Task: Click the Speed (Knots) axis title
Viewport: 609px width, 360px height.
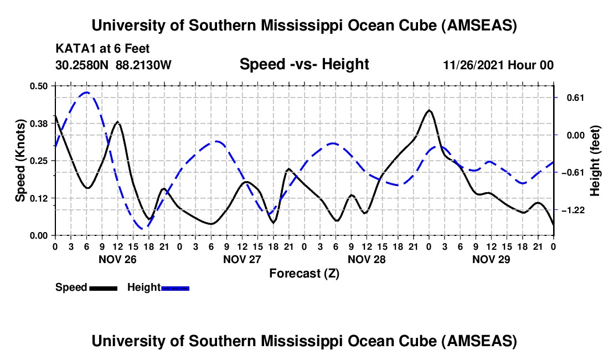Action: pos(20,160)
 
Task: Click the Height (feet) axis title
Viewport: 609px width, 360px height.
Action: pos(596,161)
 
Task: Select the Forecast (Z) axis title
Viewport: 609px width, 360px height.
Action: pos(304,273)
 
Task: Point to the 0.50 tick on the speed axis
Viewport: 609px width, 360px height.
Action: pos(39,86)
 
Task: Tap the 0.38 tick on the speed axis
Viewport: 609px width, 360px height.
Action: pos(39,124)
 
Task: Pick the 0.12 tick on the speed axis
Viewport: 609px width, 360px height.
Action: pos(39,198)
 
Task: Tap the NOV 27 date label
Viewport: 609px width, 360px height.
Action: pos(242,259)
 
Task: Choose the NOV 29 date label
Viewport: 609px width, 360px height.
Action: pos(491,259)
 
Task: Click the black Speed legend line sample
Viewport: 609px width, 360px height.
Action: pos(103,287)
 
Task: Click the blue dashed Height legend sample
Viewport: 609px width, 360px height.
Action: pos(175,287)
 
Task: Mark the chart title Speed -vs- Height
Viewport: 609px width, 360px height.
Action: pos(304,65)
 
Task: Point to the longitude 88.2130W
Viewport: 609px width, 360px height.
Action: pos(144,65)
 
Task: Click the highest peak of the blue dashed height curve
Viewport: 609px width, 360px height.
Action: pos(86,92)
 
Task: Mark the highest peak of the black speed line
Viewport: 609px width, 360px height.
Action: pos(429,110)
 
